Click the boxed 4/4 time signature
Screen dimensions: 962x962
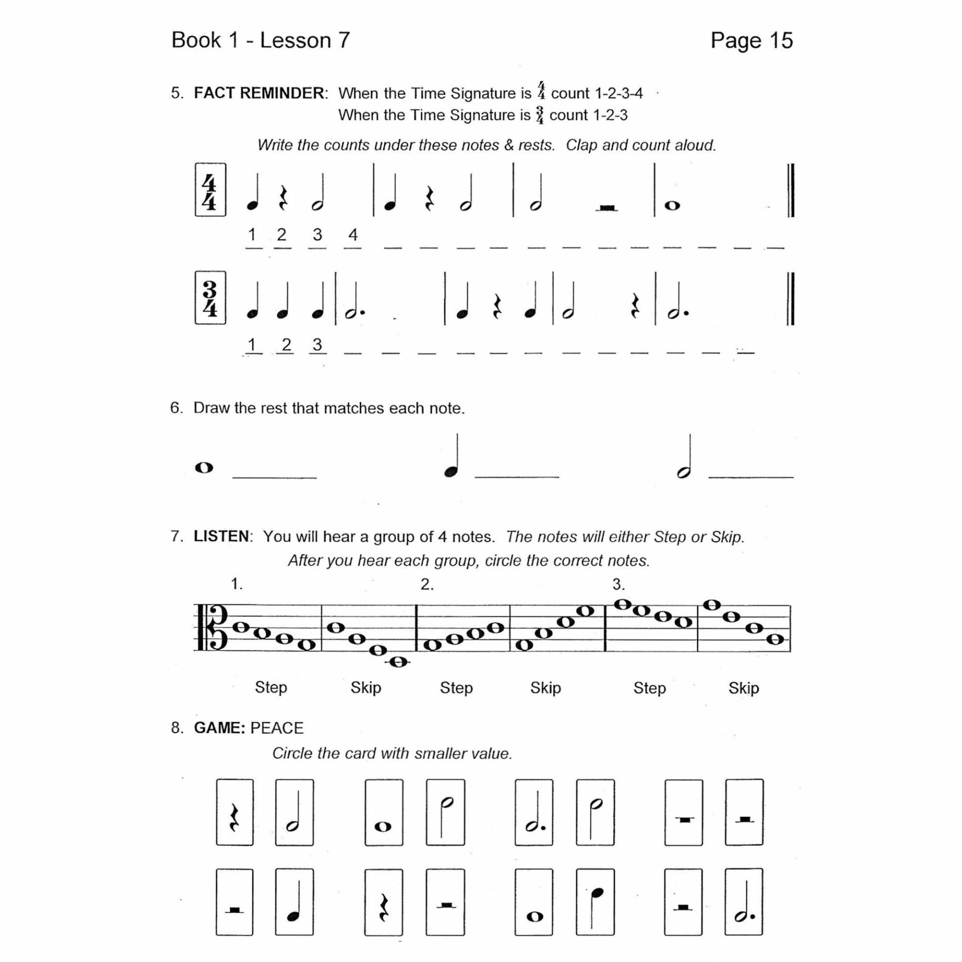click(210, 190)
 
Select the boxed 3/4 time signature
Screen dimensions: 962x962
click(210, 298)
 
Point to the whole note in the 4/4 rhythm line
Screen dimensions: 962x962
click(672, 205)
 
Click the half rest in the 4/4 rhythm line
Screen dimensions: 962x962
click(607, 207)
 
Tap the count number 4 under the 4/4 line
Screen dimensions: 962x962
click(353, 234)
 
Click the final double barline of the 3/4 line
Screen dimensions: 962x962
click(790, 299)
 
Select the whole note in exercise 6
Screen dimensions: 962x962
click(204, 468)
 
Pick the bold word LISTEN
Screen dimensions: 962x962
click(221, 537)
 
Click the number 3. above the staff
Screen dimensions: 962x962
click(618, 584)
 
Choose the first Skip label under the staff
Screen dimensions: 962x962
click(366, 688)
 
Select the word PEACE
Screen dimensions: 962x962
click(277, 728)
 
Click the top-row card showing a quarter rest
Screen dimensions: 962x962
click(234, 812)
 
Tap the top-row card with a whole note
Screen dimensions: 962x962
click(384, 812)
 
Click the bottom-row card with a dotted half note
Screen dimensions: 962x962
click(744, 902)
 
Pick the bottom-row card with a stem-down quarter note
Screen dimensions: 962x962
click(595, 902)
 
